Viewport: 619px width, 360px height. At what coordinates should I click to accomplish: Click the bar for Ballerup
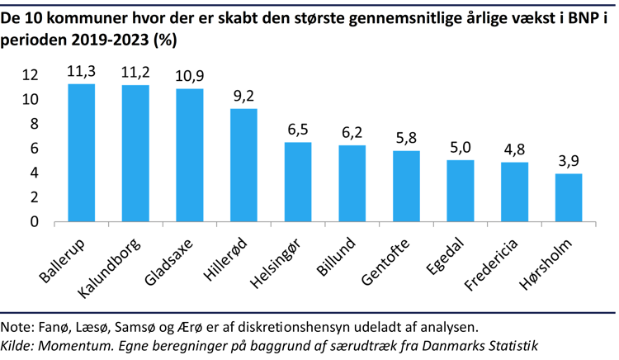(x=81, y=153)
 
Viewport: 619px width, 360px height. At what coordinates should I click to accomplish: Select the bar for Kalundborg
(x=135, y=154)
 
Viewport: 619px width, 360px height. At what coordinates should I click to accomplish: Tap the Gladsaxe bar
(x=190, y=155)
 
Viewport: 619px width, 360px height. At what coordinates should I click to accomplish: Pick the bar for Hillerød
(x=243, y=165)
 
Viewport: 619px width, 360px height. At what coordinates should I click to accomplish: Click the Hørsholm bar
(x=569, y=197)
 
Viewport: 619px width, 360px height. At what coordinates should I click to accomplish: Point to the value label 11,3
(x=81, y=72)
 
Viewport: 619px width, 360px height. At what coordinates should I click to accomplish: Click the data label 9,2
(x=243, y=97)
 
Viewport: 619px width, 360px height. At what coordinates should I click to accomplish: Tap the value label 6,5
(x=298, y=130)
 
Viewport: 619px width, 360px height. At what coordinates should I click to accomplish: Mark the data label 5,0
(x=461, y=149)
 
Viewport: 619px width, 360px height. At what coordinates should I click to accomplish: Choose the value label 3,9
(x=569, y=162)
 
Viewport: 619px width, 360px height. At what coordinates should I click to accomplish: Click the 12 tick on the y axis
(x=30, y=75)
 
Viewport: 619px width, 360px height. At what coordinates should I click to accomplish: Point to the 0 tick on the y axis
(x=35, y=221)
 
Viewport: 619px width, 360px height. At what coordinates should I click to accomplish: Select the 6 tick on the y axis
(x=35, y=149)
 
